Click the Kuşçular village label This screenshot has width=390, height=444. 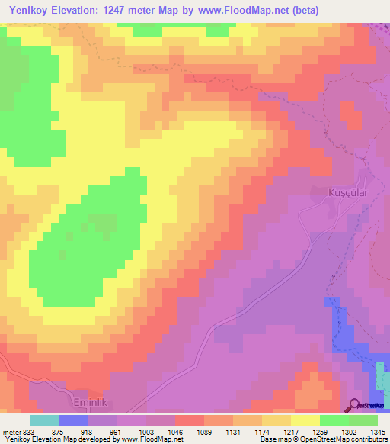348,193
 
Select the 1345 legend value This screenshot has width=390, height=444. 377,432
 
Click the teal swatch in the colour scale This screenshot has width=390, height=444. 45,420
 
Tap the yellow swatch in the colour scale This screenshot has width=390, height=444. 305,420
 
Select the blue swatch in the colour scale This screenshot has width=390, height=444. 74,420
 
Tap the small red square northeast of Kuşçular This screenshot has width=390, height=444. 351,114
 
